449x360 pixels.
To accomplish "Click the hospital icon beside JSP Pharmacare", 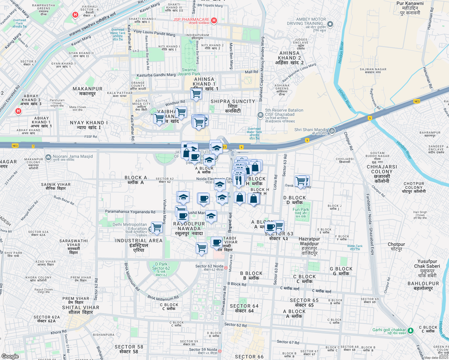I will pos(214,20).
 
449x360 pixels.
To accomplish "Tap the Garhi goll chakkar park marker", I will pos(410,331).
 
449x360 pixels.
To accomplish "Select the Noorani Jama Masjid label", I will pos(73,157).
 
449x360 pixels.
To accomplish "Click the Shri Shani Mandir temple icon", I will pos(332,130).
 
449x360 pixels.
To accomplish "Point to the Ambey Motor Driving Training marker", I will pos(330,24).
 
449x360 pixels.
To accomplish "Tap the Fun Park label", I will pos(301,210).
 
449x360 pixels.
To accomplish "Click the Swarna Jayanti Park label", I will pos(189,72).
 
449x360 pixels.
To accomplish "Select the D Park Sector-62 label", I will pos(161,266).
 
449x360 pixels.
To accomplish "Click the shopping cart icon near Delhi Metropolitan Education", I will pos(157,227).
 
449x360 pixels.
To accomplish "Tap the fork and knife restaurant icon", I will pos(239,180).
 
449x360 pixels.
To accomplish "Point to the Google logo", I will pos(10,356).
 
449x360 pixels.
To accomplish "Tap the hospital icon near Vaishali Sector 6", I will pos(75,15).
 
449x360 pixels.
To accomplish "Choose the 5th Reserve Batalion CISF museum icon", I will pos(260,115).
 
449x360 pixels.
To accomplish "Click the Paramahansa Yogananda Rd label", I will pos(130,211).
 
